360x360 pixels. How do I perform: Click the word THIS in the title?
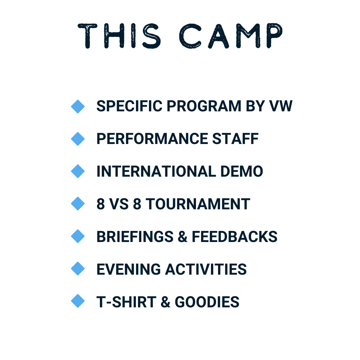click(119, 36)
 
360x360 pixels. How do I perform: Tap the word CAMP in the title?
click(231, 36)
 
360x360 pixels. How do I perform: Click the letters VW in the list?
click(281, 106)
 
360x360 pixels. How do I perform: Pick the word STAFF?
click(235, 139)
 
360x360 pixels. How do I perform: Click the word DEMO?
click(242, 171)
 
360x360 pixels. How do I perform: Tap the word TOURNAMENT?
click(198, 204)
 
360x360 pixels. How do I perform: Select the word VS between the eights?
click(119, 204)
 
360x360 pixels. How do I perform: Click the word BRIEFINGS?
click(135, 236)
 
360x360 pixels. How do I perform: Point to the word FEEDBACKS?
click(235, 236)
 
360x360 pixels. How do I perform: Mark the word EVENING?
click(129, 269)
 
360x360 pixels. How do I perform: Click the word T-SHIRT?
click(126, 302)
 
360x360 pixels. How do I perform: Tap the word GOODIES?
click(207, 302)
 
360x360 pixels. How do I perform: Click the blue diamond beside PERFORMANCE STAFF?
click(78, 139)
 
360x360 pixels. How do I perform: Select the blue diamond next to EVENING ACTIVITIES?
click(78, 269)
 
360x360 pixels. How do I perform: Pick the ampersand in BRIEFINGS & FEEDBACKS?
click(183, 236)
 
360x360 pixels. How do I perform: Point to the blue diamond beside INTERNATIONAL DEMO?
click(78, 171)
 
